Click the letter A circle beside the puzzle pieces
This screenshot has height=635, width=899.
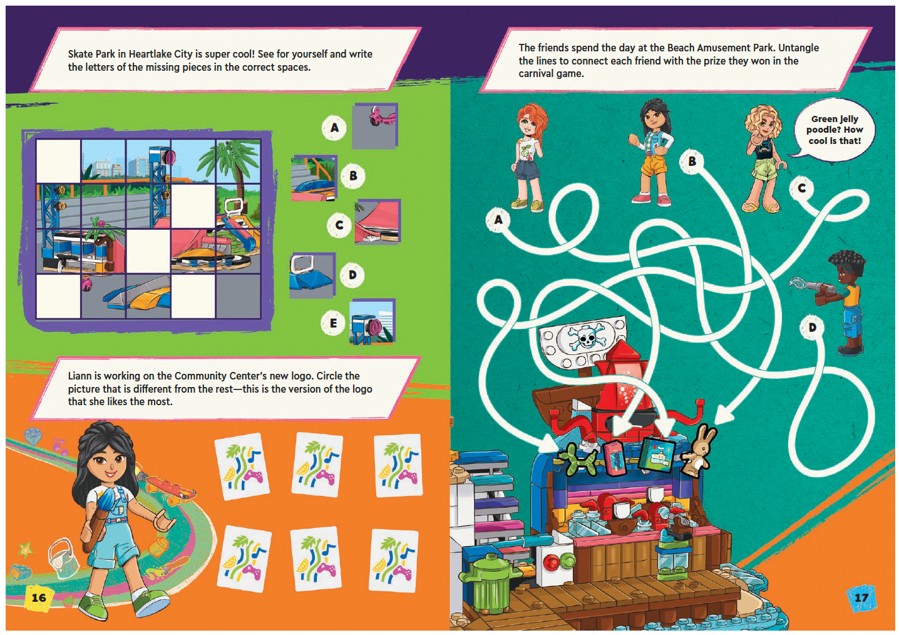click(x=334, y=128)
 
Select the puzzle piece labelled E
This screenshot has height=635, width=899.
click(x=372, y=322)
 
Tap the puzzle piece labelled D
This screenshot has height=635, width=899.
click(x=312, y=274)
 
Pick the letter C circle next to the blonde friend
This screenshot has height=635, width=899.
click(x=801, y=188)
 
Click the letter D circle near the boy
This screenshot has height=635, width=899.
click(x=812, y=327)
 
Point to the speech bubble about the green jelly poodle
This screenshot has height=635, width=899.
click(x=835, y=130)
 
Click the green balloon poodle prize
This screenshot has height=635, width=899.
click(x=578, y=458)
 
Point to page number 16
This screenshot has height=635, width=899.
click(x=39, y=597)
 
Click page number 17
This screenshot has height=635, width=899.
click(x=861, y=597)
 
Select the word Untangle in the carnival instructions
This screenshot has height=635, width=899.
click(x=798, y=48)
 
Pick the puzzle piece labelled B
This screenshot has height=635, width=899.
click(x=314, y=178)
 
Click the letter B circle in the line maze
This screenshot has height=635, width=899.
click(x=692, y=161)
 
